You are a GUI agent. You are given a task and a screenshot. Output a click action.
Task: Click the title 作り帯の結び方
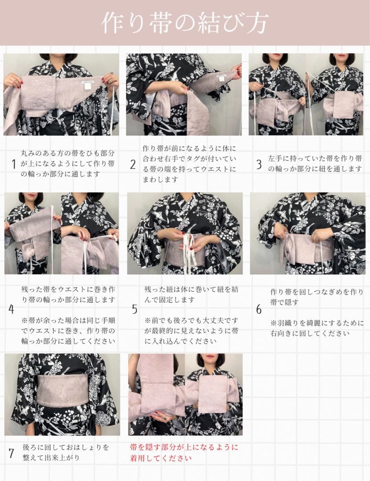click(x=185, y=22)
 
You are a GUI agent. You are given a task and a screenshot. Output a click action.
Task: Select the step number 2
click(x=133, y=164)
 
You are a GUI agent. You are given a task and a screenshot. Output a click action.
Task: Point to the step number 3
click(x=259, y=164)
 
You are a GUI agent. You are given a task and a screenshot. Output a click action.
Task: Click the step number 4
click(x=12, y=309)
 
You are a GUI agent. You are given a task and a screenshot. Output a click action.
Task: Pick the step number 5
click(x=134, y=309)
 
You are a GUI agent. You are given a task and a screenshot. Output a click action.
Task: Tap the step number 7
click(x=12, y=453)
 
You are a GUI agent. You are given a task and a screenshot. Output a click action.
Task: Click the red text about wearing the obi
click(x=184, y=452)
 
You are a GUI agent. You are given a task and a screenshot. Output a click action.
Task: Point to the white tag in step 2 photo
click(x=221, y=78)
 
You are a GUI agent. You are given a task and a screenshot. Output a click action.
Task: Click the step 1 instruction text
click(x=67, y=163)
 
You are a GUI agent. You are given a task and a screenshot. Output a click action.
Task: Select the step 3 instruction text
click(x=315, y=163)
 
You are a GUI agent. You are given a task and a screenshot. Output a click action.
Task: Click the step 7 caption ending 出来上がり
click(x=65, y=452)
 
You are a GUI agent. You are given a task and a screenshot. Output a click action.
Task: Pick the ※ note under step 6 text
click(x=317, y=328)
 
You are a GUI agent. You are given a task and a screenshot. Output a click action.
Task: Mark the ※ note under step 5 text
click(x=191, y=331)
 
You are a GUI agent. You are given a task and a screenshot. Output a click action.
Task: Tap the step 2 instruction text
click(x=189, y=163)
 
